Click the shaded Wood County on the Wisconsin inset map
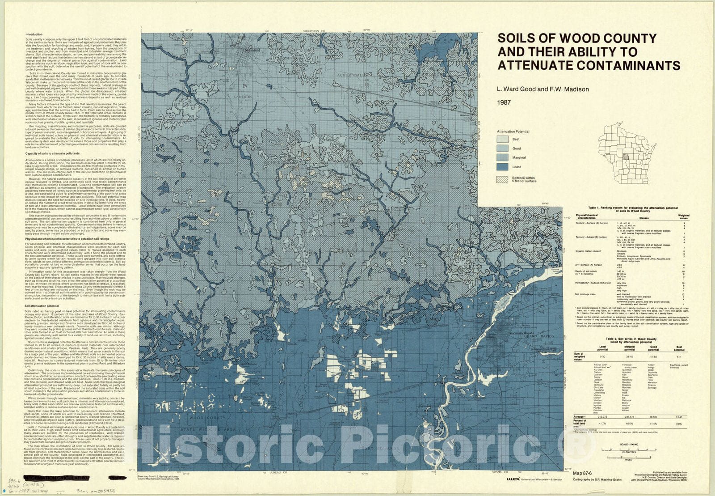pyautogui.click(x=625, y=157)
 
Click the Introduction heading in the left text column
pyautogui.click(x=34, y=34)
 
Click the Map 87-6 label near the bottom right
pyautogui.click(x=582, y=473)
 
